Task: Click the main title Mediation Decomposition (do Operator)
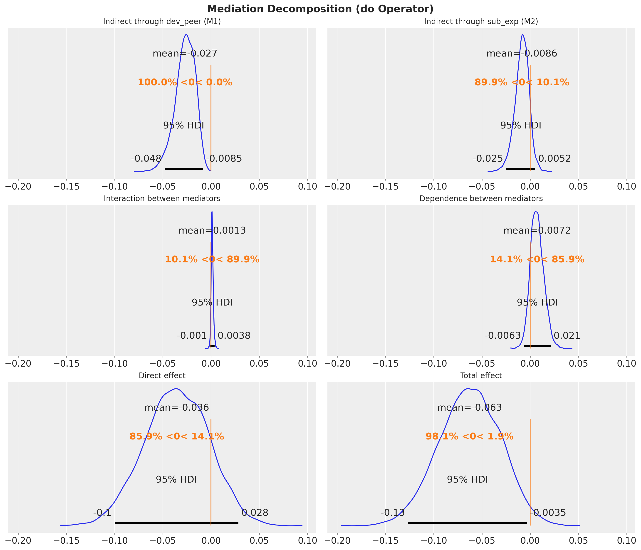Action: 320,9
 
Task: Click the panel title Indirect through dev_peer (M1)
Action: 162,22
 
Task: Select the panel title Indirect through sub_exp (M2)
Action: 481,22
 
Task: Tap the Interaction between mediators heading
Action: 162,199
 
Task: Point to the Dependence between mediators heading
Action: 481,199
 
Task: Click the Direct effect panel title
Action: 162,375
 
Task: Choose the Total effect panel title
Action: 481,375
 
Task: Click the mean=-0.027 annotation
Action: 185,54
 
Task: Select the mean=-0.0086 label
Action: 522,54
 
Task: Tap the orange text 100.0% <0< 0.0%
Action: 185,83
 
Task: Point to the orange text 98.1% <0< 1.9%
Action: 470,437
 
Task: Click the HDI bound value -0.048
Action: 146,159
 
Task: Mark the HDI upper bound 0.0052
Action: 554,159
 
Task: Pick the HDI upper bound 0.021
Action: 567,336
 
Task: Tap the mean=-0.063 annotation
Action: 470,408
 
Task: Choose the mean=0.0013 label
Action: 212,231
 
